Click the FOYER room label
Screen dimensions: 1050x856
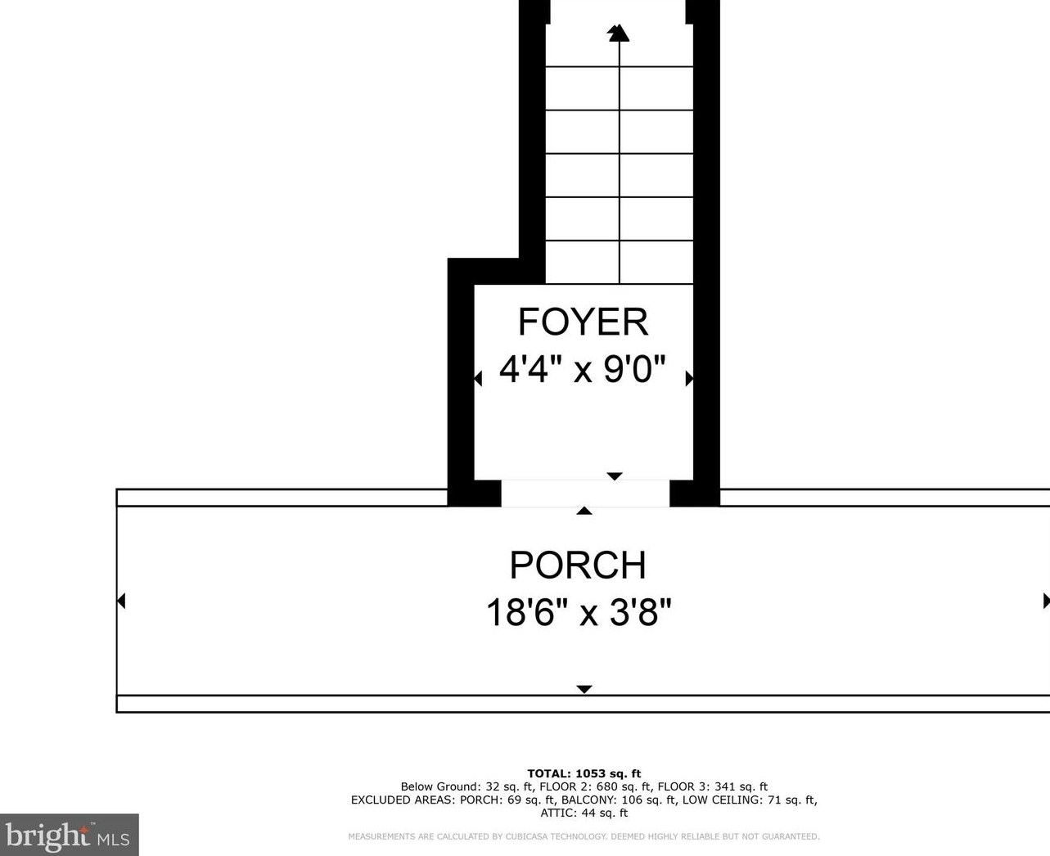click(583, 322)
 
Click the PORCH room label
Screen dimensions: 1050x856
click(578, 565)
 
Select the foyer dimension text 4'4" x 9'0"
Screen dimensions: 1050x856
click(582, 369)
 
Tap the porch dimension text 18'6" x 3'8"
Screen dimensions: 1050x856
click(579, 612)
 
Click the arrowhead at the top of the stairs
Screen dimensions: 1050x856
click(619, 33)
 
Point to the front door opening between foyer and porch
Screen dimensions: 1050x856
click(585, 493)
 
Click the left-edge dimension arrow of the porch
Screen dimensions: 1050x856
click(121, 601)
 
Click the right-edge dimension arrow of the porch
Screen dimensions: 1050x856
click(1047, 601)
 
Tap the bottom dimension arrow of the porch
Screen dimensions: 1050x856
click(584, 689)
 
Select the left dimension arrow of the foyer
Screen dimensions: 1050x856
click(478, 378)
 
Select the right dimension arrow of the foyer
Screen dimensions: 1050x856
click(690, 378)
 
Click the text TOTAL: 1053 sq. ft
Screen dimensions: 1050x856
click(584, 773)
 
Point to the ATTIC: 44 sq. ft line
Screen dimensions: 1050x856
click(584, 813)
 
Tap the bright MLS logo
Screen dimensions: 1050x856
click(69, 835)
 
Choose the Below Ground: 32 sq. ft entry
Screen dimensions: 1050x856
click(467, 786)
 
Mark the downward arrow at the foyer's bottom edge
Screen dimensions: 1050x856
click(615, 476)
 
